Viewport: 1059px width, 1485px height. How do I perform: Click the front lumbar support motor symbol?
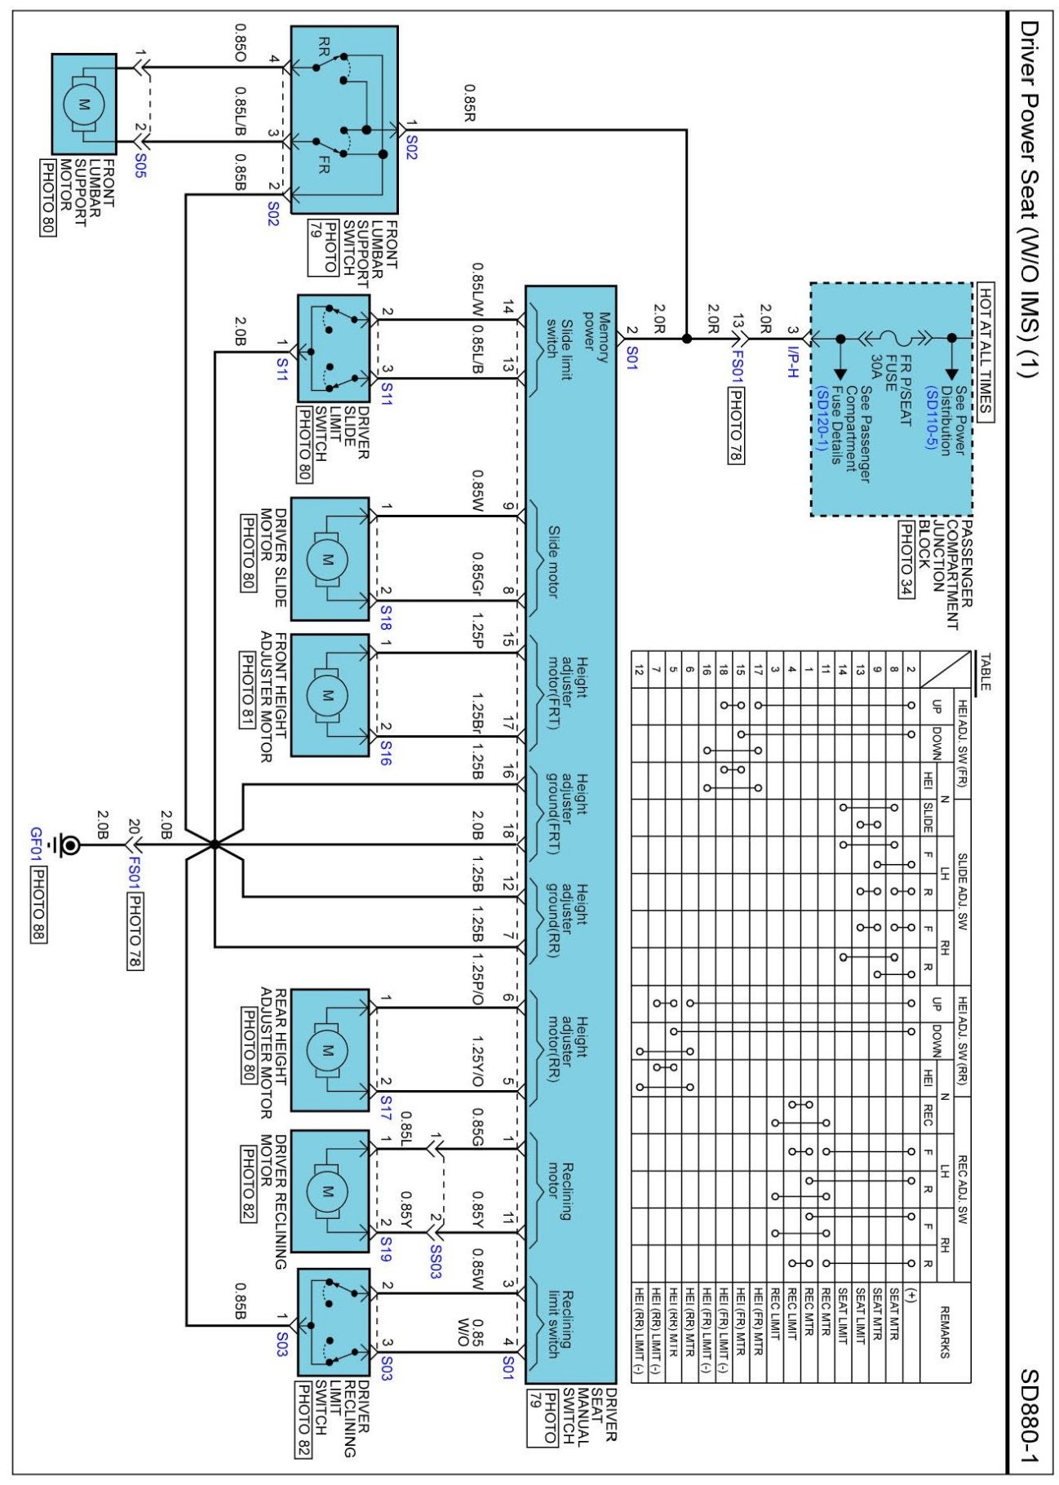click(83, 104)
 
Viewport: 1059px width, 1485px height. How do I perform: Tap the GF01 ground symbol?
click(70, 845)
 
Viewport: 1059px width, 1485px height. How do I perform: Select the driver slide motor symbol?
click(327, 560)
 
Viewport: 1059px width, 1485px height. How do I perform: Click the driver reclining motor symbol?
click(327, 1191)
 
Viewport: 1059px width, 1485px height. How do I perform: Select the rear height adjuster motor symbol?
click(327, 1051)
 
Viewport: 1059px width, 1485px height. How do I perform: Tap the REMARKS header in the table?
click(945, 1332)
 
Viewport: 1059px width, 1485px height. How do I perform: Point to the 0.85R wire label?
click(471, 103)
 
